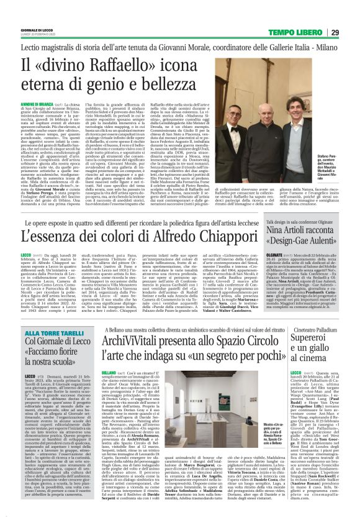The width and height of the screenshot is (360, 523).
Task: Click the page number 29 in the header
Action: point(351,32)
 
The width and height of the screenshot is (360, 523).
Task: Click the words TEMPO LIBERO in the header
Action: point(304,32)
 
